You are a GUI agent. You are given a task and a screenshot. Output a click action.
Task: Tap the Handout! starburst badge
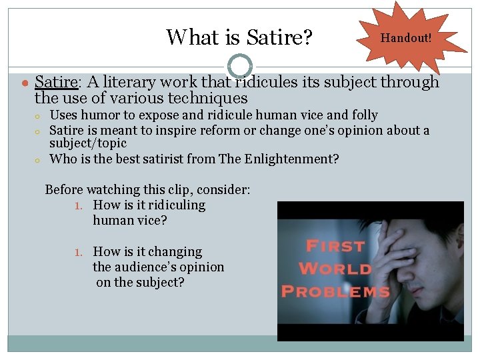coord(406,38)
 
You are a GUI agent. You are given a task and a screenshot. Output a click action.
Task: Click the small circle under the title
coord(239,66)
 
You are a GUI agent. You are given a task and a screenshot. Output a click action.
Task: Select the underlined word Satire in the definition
coord(56,82)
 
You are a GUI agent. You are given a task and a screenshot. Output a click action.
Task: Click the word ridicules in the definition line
coord(260,82)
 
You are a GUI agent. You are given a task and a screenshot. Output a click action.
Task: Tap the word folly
coord(363,115)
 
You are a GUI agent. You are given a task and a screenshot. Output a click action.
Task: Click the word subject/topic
coord(88,143)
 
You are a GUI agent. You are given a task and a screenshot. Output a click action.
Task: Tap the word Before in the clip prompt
coord(65,189)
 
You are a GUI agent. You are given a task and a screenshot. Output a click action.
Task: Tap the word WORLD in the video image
coord(335,269)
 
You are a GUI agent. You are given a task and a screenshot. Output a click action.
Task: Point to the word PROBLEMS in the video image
coord(335,291)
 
